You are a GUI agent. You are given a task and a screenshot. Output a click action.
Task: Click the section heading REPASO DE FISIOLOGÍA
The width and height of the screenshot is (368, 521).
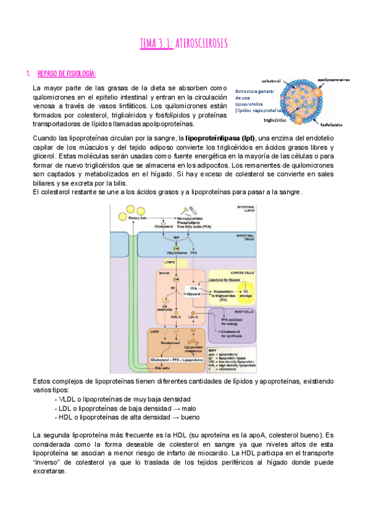pos(66,74)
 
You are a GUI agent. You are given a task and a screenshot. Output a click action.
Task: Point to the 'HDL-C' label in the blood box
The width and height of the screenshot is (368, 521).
pos(177,318)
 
